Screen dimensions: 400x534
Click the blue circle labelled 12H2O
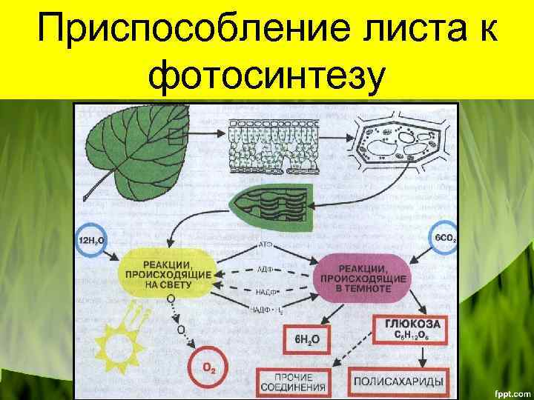[92, 241]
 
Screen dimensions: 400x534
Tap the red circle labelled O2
[209, 369]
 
